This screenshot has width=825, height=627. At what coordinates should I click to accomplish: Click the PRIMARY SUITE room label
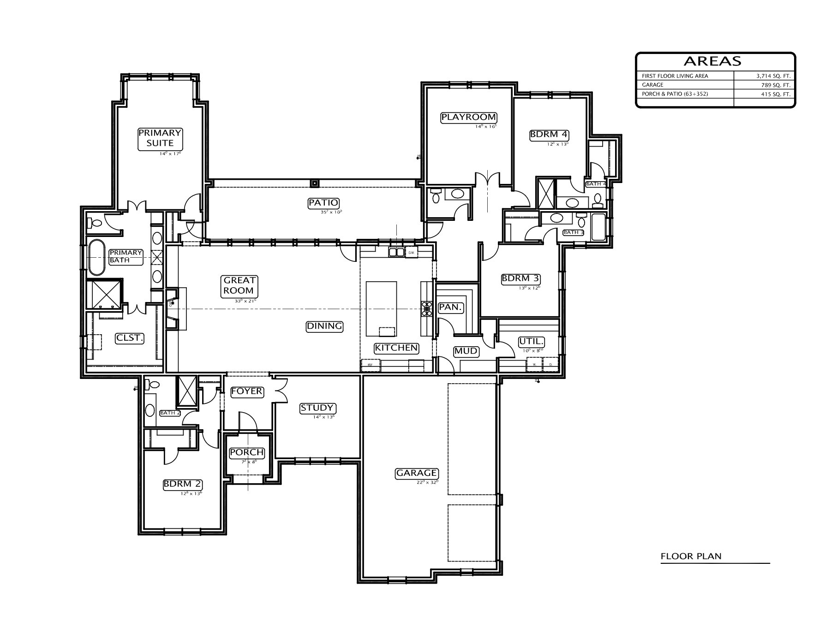[160, 138]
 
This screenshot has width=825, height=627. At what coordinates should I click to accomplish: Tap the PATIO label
[323, 203]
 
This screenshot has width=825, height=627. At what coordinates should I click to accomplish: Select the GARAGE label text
[417, 473]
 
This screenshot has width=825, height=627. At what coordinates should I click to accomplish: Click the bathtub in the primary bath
[96, 257]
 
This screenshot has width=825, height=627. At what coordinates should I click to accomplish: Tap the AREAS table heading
[712, 61]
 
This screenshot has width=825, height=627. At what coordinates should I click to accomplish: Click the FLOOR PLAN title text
[691, 556]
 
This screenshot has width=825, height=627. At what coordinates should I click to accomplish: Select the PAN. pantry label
[451, 308]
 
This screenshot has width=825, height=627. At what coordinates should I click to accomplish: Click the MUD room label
[466, 351]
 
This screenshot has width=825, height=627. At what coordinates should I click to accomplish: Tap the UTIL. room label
[532, 342]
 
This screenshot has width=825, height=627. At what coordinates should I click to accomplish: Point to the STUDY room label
[317, 408]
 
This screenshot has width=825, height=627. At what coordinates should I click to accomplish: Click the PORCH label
[247, 453]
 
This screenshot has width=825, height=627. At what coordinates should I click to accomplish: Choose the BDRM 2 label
[183, 485]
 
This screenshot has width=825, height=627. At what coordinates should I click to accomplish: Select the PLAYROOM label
[468, 117]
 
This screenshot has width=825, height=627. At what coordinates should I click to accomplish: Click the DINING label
[325, 326]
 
